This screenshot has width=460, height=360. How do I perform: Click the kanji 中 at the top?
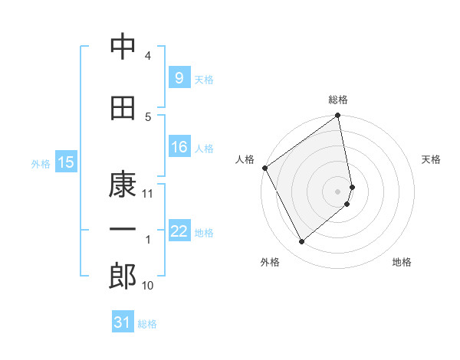click(123, 47)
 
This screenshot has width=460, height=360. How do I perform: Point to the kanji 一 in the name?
click(123, 230)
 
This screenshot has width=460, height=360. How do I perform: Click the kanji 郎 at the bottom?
click(123, 277)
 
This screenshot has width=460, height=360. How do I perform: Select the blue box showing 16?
click(179, 147)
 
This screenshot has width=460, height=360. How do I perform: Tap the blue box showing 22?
click(179, 232)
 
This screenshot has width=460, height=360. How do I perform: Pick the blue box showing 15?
click(65, 162)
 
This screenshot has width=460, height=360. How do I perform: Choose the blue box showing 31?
click(123, 322)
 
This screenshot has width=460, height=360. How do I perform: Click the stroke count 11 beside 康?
click(149, 194)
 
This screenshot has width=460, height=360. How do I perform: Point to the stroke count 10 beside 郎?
click(148, 286)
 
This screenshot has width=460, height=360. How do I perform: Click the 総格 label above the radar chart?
click(338, 100)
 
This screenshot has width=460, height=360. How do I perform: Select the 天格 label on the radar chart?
click(431, 159)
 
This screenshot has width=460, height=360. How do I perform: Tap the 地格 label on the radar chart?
click(402, 263)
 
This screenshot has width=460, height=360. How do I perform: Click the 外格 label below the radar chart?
click(270, 263)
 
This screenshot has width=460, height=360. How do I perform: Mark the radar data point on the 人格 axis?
click(264, 168)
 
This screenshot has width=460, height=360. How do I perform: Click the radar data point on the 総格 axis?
click(338, 116)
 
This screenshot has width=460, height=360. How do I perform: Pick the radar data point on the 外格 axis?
click(301, 241)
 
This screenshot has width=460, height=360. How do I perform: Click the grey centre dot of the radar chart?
click(338, 191)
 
